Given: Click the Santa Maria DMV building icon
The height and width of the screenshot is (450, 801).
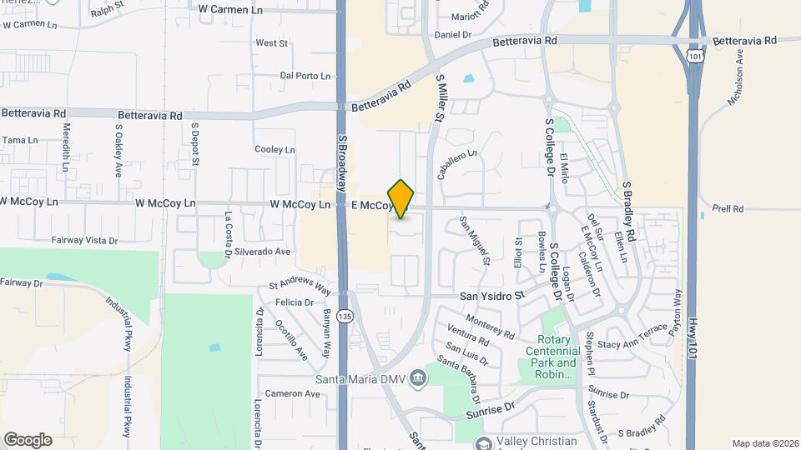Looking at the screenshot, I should [418, 379].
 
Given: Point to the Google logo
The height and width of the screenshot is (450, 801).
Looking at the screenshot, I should [28, 440].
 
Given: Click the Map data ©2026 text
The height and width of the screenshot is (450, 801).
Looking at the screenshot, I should [765, 443].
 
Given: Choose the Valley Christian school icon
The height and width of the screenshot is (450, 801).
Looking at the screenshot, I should [483, 442].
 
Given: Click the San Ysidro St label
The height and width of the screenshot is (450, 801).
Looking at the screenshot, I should [492, 296].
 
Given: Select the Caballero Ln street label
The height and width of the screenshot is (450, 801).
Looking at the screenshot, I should [456, 165].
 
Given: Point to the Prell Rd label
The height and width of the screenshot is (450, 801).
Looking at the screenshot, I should [728, 208].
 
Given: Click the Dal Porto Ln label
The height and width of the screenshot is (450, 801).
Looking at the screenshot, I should [305, 76].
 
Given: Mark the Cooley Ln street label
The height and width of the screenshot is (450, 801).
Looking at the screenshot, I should [275, 150].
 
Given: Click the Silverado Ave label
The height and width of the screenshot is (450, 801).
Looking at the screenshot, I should [262, 251].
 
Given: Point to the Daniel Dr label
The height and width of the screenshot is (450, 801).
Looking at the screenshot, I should [454, 35].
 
